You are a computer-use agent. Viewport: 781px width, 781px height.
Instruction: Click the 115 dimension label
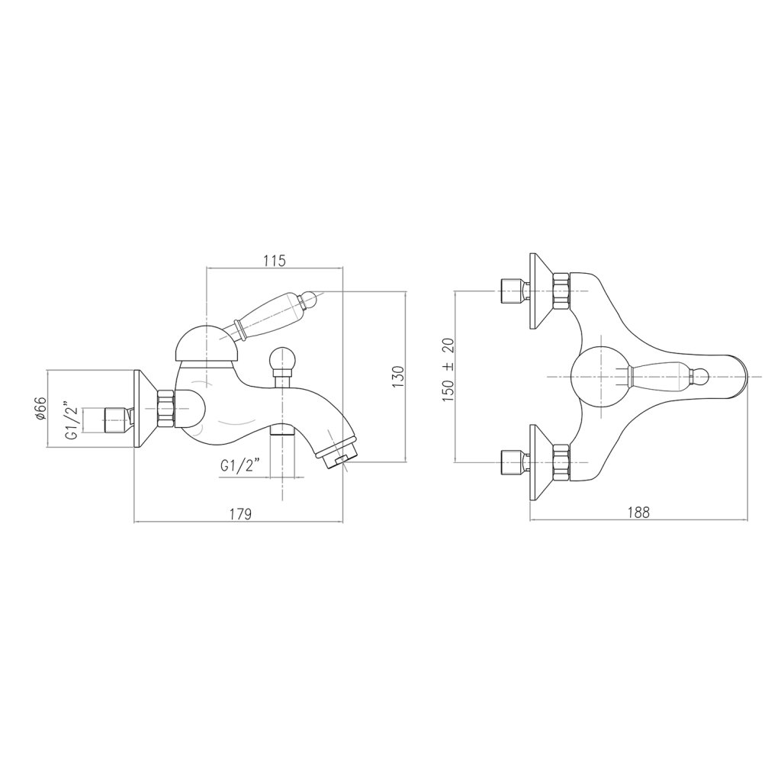275,261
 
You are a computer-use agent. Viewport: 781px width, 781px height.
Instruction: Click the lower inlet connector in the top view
509,461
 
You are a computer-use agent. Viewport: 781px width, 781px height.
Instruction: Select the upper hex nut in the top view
560,292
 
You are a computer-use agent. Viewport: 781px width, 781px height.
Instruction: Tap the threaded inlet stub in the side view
114,417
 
